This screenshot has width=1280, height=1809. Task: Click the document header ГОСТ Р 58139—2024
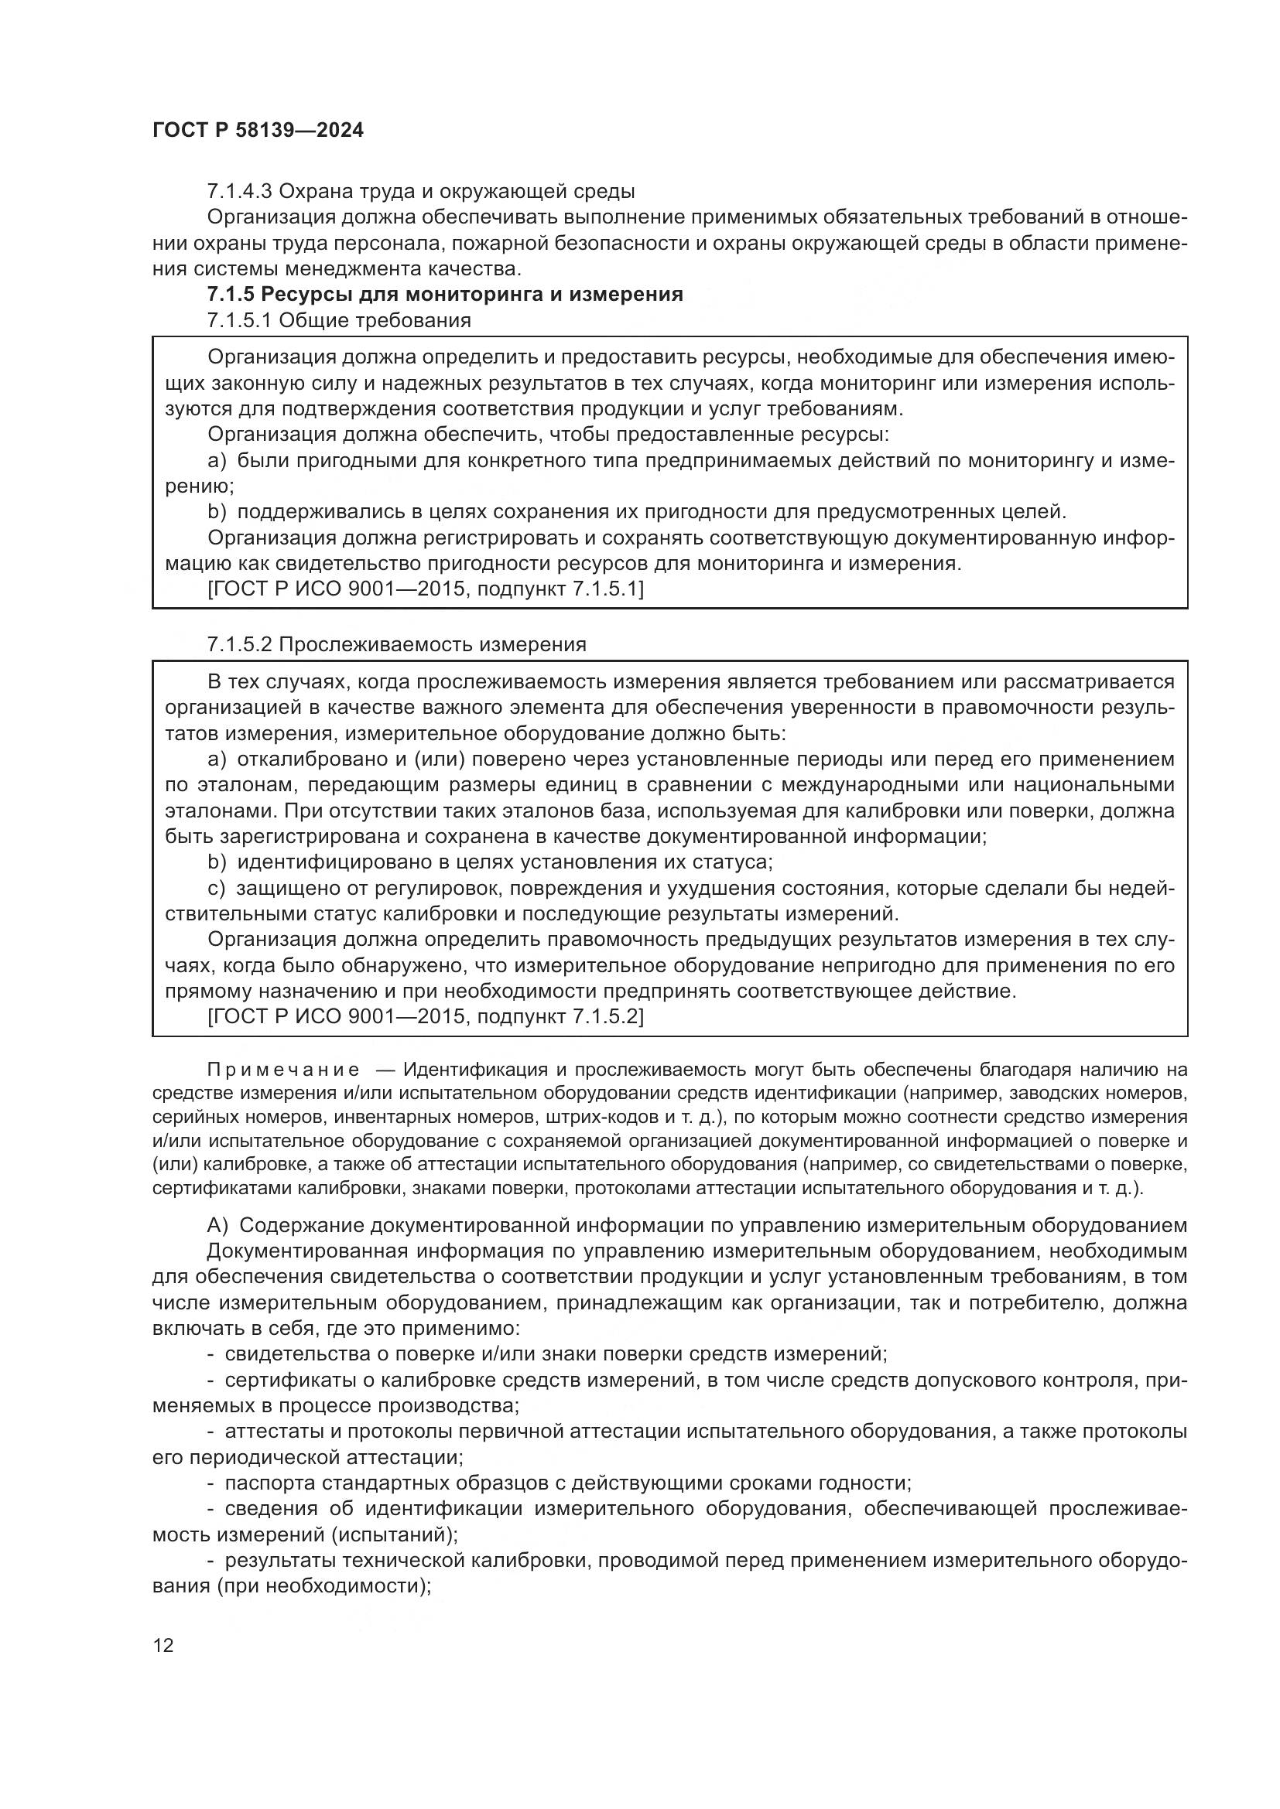point(258,131)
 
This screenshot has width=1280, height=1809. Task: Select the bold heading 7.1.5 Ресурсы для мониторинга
point(444,295)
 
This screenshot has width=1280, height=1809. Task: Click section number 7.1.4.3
point(240,192)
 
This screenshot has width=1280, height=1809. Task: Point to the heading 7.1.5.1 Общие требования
point(339,321)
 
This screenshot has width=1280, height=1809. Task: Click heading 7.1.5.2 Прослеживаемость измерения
point(396,644)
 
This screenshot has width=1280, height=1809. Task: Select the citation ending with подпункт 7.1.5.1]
point(426,589)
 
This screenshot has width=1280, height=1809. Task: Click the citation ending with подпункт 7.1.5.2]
point(426,1017)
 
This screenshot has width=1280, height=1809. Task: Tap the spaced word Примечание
point(284,1070)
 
